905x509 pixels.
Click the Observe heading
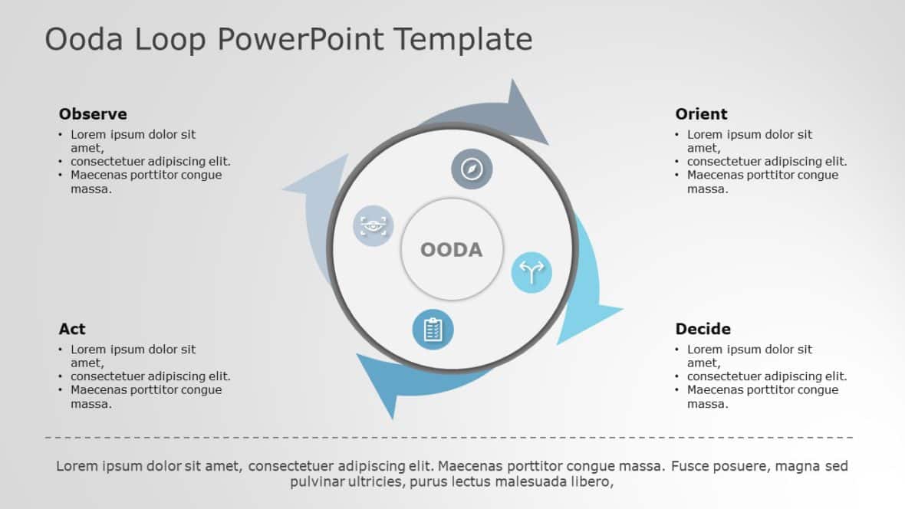(93, 114)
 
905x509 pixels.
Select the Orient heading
(701, 114)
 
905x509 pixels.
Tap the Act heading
(72, 329)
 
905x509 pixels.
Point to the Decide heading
(703, 329)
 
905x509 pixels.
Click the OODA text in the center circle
(451, 250)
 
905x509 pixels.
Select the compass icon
(472, 169)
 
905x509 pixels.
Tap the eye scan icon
(374, 225)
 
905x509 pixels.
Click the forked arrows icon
(531, 272)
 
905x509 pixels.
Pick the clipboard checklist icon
(433, 330)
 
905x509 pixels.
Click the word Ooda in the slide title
(84, 39)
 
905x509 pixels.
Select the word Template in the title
(463, 39)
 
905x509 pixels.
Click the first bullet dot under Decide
(677, 350)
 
